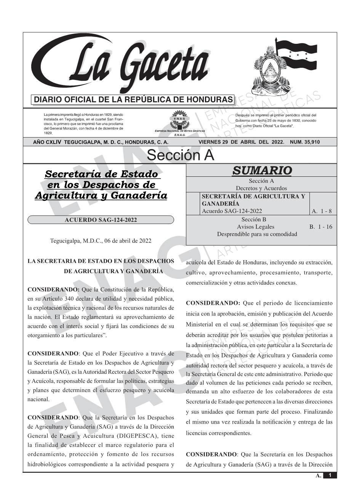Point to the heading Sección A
pos(180,155)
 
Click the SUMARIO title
pos(262,170)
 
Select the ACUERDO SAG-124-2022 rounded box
pos(101,220)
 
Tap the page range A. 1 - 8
pos(322,211)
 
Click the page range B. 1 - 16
pos(321,227)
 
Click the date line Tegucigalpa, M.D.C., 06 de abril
pos(101,241)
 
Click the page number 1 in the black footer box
pos(330,475)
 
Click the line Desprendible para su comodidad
pos(257,234)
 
